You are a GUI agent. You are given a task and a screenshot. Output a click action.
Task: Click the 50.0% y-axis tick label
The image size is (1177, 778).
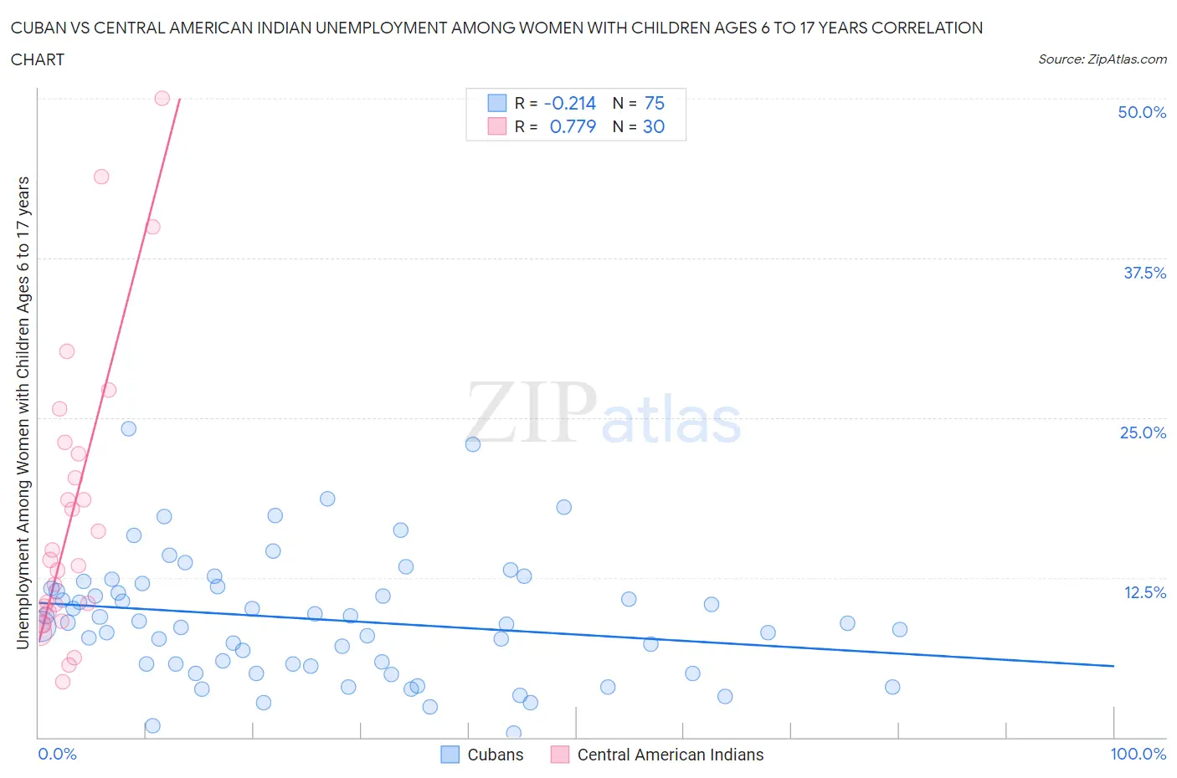click(1141, 112)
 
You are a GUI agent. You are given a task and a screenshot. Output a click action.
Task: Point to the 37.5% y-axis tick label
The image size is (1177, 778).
click(1144, 273)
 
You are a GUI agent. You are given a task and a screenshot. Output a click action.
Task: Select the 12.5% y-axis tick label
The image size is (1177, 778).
click(1144, 592)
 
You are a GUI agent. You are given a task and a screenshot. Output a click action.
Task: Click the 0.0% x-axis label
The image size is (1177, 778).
click(57, 754)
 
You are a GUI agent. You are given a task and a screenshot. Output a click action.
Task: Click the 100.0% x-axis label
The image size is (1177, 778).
click(1138, 754)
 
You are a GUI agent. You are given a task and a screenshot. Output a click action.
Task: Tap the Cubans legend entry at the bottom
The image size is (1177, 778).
click(495, 755)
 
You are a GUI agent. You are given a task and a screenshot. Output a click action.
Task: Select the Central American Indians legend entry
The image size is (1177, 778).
click(670, 755)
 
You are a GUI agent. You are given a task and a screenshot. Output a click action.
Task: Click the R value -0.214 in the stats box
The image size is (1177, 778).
click(569, 103)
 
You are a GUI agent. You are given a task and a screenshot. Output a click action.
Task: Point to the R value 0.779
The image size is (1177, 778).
click(573, 126)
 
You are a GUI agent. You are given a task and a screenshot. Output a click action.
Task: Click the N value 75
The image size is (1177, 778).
click(654, 103)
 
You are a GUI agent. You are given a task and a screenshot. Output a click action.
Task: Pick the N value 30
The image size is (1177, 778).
click(653, 126)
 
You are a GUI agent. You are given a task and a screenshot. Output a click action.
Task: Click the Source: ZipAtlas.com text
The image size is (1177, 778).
click(1102, 59)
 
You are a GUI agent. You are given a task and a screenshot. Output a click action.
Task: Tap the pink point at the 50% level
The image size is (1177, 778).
click(162, 98)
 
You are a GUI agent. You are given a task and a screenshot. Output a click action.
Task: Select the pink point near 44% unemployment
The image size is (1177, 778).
click(101, 177)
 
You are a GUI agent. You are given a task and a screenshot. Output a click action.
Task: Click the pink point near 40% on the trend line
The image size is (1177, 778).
click(152, 227)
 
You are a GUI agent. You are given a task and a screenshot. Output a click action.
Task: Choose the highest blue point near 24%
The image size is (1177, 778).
click(129, 428)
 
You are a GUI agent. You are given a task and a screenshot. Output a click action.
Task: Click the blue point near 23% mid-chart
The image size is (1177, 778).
click(473, 444)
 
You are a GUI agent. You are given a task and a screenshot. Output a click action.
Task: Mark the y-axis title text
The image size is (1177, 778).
click(23, 412)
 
